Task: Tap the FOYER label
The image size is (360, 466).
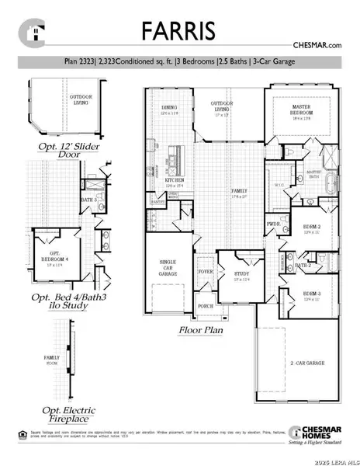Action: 205,272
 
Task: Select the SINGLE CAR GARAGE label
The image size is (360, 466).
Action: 168,268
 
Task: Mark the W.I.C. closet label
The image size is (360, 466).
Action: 279,186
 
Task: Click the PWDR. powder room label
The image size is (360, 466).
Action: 273,224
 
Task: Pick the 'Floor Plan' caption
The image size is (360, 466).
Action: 202,330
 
